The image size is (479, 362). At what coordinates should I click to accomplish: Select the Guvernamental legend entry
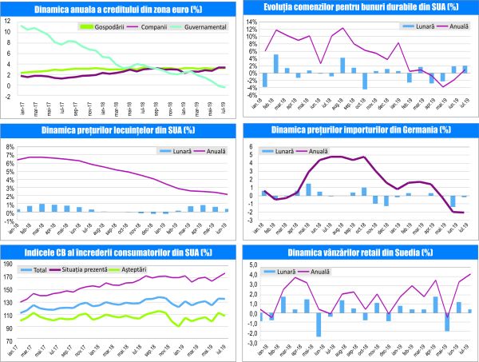click(207, 26)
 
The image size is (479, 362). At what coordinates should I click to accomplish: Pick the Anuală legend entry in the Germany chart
click(318, 151)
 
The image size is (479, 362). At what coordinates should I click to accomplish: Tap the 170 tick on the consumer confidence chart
click(9, 277)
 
